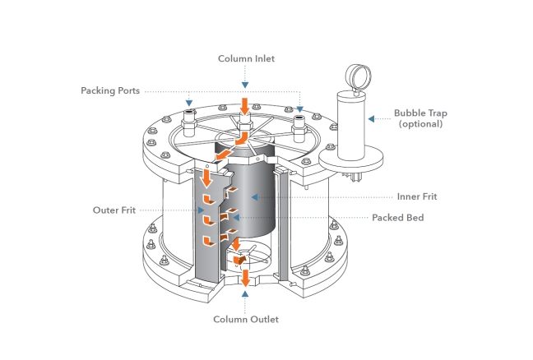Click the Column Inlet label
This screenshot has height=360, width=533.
coord(244,58)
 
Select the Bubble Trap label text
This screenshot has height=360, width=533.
coord(420,113)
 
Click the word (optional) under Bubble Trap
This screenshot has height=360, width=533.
coord(420,124)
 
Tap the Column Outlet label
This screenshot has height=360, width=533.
coord(245,318)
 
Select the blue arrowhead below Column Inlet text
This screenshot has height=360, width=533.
coord(244,84)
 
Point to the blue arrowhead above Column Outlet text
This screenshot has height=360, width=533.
coord(245,292)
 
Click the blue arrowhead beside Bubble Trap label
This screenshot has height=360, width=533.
coord(371,119)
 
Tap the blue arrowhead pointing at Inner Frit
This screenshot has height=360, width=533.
coord(256,197)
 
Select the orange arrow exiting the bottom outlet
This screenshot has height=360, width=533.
coord(245,275)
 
